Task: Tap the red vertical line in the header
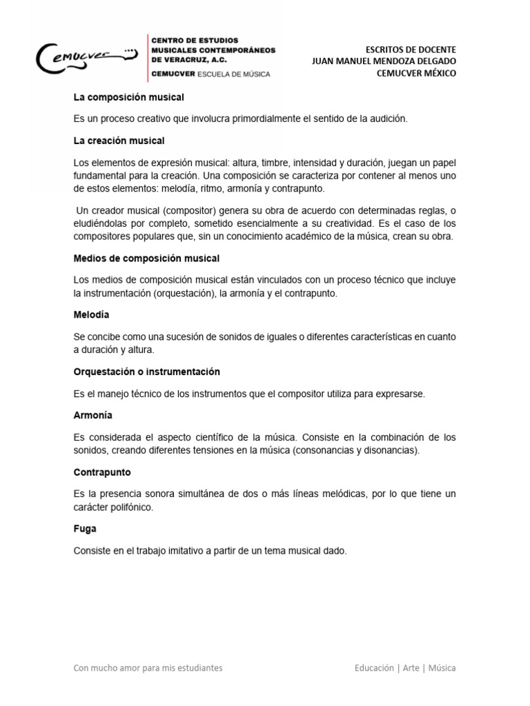[146, 56]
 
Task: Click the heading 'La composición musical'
[128, 98]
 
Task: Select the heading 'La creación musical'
[119, 141]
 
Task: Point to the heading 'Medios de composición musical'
[146, 259]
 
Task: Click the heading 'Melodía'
[91, 314]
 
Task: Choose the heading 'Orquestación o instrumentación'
[146, 372]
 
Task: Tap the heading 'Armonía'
[92, 416]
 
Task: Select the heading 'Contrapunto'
[101, 473]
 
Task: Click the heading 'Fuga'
[85, 529]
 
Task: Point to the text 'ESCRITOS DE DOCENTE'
[411, 50]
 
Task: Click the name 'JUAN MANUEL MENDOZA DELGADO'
[384, 62]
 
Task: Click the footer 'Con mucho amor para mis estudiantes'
[148, 668]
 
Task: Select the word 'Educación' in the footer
[374, 668]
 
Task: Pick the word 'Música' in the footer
[442, 668]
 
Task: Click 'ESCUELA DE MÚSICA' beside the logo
[233, 74]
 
